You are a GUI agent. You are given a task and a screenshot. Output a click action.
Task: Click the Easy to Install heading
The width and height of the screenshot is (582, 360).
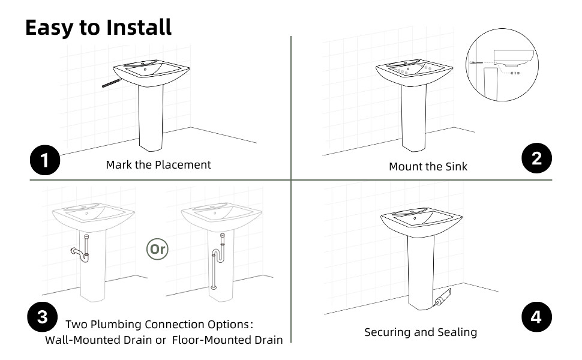(98, 27)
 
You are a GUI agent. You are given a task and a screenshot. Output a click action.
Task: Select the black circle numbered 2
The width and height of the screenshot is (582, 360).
(536, 158)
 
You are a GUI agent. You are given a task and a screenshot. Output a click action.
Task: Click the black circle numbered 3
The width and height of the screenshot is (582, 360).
(43, 316)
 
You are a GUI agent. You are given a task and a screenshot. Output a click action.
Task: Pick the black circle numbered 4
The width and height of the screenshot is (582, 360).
(536, 317)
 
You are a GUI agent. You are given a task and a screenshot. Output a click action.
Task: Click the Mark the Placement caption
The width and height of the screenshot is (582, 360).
(158, 164)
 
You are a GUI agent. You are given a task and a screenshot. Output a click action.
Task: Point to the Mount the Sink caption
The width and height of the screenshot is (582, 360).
(428, 166)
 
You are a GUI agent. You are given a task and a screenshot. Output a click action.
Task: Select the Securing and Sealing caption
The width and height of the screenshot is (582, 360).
(421, 332)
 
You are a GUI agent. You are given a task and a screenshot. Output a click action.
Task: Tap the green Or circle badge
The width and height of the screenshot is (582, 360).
(158, 249)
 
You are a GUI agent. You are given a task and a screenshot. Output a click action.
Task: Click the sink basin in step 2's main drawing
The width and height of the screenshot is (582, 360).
(414, 72)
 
